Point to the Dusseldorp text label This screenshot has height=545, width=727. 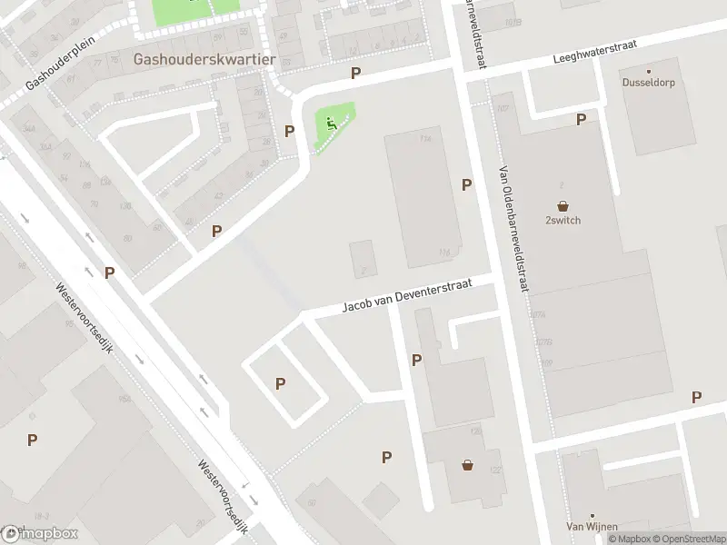click(x=649, y=82)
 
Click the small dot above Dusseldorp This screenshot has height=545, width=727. click(x=649, y=70)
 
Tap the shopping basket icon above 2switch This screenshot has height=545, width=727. click(x=563, y=206)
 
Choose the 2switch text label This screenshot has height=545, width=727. click(x=563, y=221)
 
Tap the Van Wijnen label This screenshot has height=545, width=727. click(x=592, y=527)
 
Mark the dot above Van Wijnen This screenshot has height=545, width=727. click(x=592, y=514)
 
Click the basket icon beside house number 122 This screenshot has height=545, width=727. click(x=468, y=465)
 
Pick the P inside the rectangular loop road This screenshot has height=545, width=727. click(x=280, y=384)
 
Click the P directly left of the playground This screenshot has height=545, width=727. click(x=289, y=131)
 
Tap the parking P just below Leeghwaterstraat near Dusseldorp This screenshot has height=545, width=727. click(x=581, y=119)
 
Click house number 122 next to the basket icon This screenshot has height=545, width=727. click(x=495, y=469)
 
